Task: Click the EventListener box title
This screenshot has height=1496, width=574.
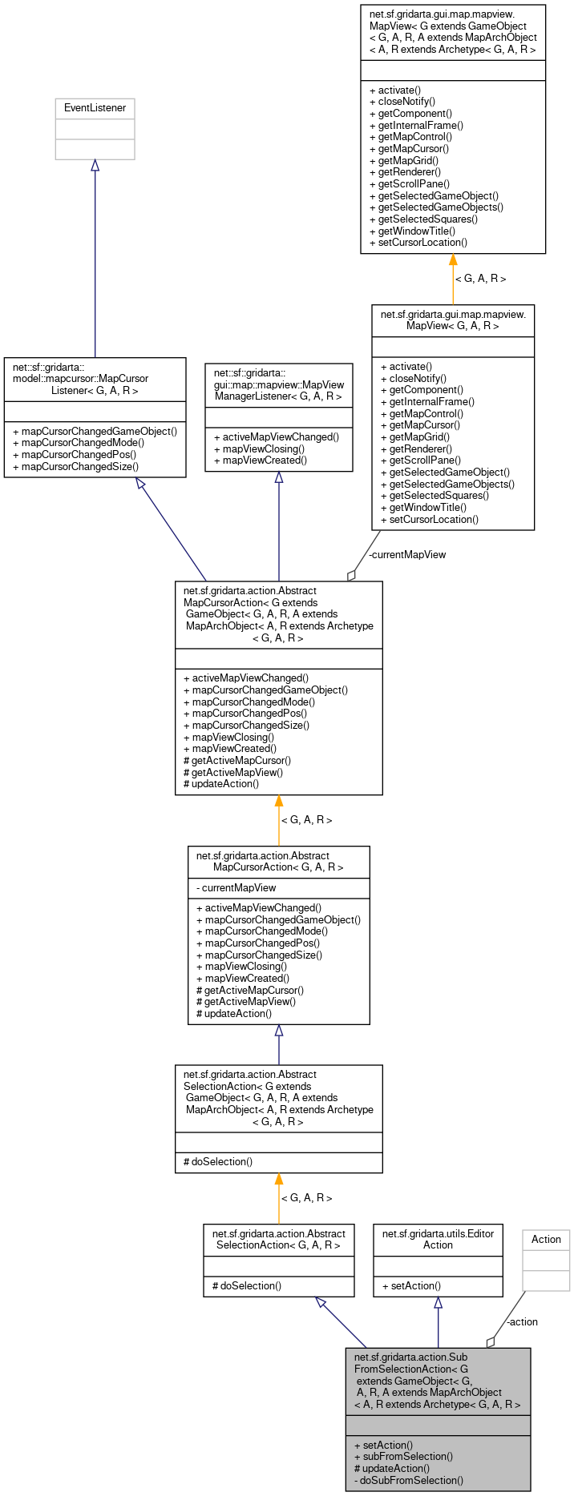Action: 95,108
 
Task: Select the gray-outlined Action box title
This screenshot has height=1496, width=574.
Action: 546,1239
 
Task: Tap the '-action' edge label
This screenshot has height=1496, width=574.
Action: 522,1321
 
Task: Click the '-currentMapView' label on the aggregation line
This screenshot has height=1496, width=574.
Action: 407,554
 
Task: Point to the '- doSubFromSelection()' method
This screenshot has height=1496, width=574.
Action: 408,1480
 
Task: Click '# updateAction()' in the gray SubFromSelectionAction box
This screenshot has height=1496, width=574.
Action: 391,1468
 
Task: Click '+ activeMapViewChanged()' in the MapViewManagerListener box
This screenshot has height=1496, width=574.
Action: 277,437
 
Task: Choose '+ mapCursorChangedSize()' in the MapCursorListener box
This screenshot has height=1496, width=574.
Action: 76,466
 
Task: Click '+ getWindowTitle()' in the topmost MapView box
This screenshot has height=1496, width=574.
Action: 412,231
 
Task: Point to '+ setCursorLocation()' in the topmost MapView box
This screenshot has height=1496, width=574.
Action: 418,242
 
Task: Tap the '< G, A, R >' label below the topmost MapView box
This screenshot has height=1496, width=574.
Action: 480,279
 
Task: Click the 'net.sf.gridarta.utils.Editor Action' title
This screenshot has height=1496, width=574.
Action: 438,1239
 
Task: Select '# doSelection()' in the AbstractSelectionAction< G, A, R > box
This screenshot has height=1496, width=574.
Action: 247,1285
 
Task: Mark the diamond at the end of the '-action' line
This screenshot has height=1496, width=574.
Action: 491,1342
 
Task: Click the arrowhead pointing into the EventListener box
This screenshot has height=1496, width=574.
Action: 95,165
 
